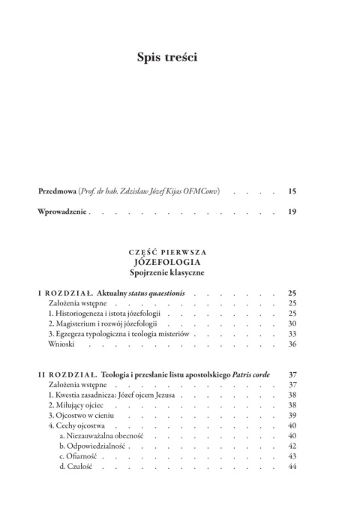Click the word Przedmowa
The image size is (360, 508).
59,192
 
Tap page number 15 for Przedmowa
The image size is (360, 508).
292,192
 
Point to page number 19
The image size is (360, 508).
292,212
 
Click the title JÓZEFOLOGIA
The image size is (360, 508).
179,262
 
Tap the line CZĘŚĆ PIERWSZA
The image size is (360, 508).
179,251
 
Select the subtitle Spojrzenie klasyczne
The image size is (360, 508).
179,273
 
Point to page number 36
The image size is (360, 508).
293,344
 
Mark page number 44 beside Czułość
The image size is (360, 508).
293,467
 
